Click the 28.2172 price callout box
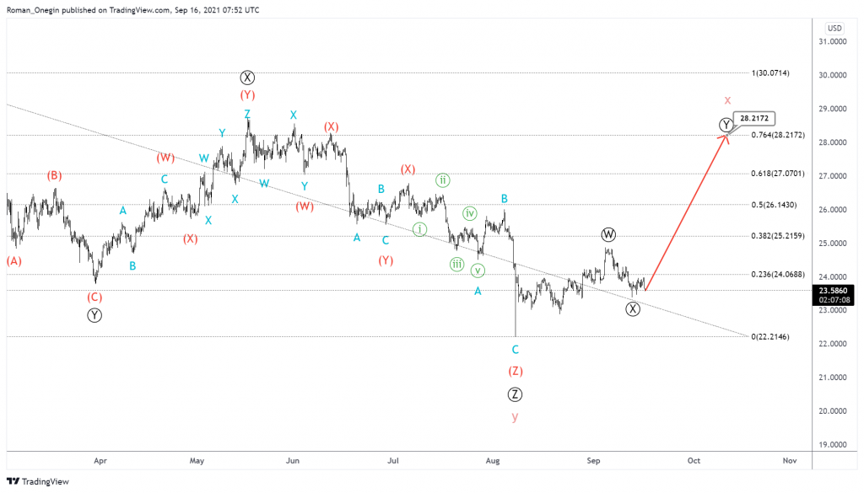[x=754, y=119]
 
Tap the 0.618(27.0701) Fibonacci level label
[x=778, y=174]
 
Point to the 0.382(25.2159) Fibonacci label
[x=778, y=236]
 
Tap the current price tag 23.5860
[x=833, y=290]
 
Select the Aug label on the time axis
[x=494, y=461]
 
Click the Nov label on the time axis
[x=790, y=461]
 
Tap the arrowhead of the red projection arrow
[x=726, y=137]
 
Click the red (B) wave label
[x=54, y=175]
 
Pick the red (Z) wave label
[x=515, y=371]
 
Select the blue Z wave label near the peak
[x=247, y=114]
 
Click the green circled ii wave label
[x=442, y=180]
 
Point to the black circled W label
[x=608, y=233]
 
